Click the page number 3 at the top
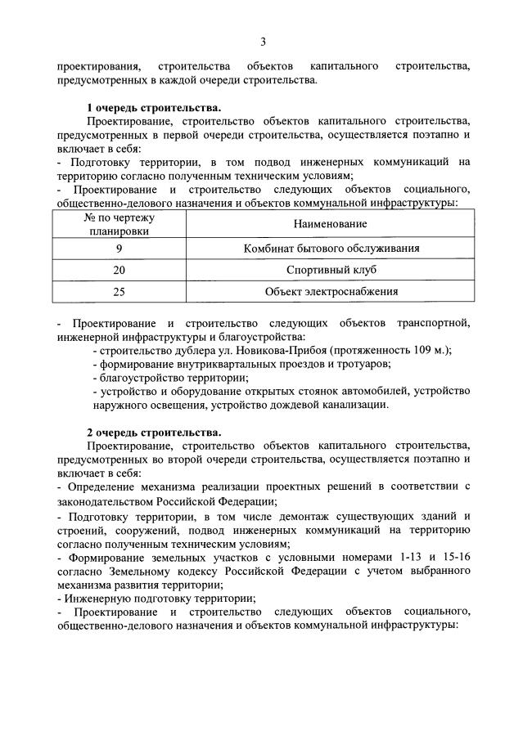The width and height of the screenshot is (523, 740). pos(263,42)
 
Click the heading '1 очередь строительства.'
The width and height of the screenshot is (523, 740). pos(154,108)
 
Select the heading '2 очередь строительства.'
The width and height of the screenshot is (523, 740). pos(154,432)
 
